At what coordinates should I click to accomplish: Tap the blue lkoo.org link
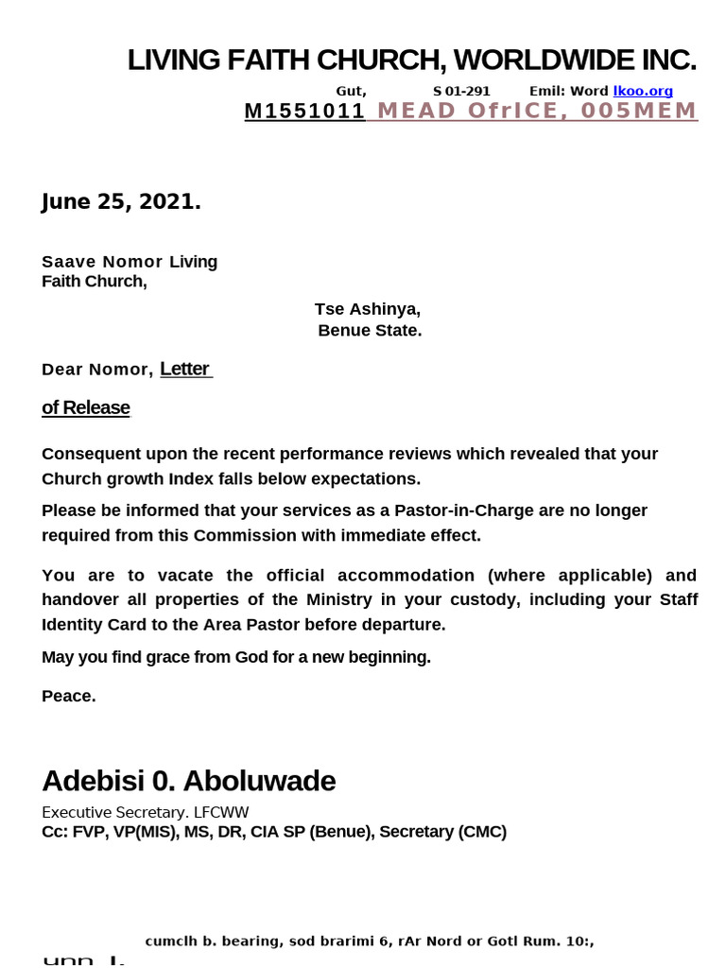pyautogui.click(x=643, y=91)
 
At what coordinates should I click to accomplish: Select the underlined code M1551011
pyautogui.click(x=304, y=112)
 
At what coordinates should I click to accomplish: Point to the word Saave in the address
pyautogui.click(x=65, y=262)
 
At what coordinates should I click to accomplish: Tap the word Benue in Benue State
pyautogui.click(x=346, y=331)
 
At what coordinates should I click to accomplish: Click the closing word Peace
pyautogui.click(x=68, y=697)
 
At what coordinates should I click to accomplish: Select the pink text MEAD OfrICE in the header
pyautogui.click(x=467, y=112)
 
